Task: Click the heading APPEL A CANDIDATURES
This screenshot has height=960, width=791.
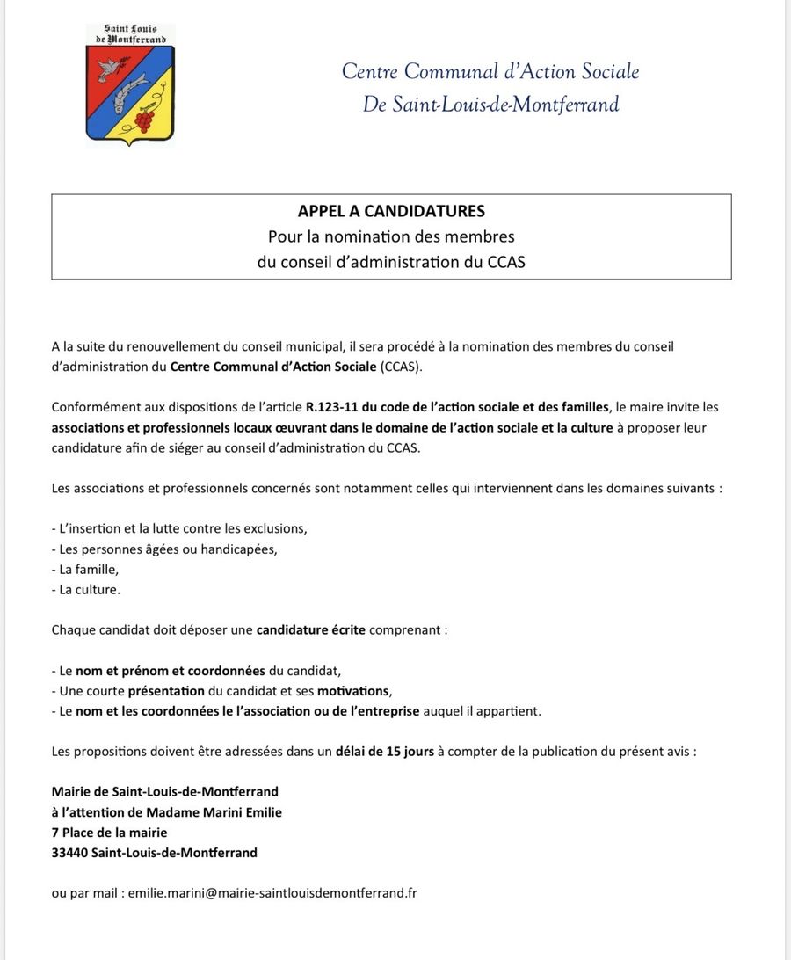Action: point(391,211)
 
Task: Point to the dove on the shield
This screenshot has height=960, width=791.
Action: point(110,66)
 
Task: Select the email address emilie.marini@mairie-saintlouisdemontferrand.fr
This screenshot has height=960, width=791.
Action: point(272,892)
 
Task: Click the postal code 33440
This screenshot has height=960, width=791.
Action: point(69,852)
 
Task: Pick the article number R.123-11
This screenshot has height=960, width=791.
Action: point(335,407)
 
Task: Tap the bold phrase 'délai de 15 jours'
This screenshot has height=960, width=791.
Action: point(385,751)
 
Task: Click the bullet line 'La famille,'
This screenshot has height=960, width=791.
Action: point(85,569)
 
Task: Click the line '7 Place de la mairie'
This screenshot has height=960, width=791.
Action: point(109,832)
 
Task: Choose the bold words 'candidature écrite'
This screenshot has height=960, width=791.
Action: point(310,629)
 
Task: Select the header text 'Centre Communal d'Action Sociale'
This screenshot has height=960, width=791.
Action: point(490,71)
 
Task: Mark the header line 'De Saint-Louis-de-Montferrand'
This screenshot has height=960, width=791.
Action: point(490,105)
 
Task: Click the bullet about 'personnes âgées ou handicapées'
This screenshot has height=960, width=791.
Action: point(164,549)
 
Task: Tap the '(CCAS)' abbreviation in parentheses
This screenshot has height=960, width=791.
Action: point(402,367)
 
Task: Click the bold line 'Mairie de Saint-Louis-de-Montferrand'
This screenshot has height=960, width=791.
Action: point(165,791)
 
